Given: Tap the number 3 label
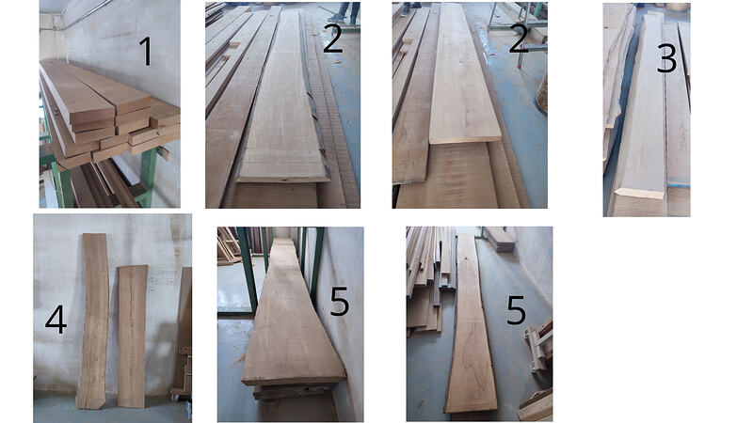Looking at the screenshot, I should tap(666, 58).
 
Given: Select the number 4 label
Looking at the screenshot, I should tap(56, 321).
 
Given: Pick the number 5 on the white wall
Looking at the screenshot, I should tap(339, 303).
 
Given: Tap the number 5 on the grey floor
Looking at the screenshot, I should tap(516, 310).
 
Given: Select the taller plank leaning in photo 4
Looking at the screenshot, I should tap(93, 320).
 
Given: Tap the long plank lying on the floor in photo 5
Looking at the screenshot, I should tap(470, 329).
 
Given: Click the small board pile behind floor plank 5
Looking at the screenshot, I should tap(499, 240).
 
